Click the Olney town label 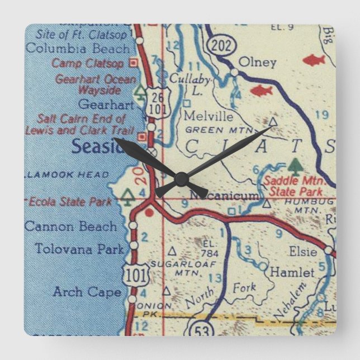257,62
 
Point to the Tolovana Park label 79,248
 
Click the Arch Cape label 87,291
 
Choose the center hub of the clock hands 180,179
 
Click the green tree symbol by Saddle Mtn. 295,166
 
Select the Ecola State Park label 71,202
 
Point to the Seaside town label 97,146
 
